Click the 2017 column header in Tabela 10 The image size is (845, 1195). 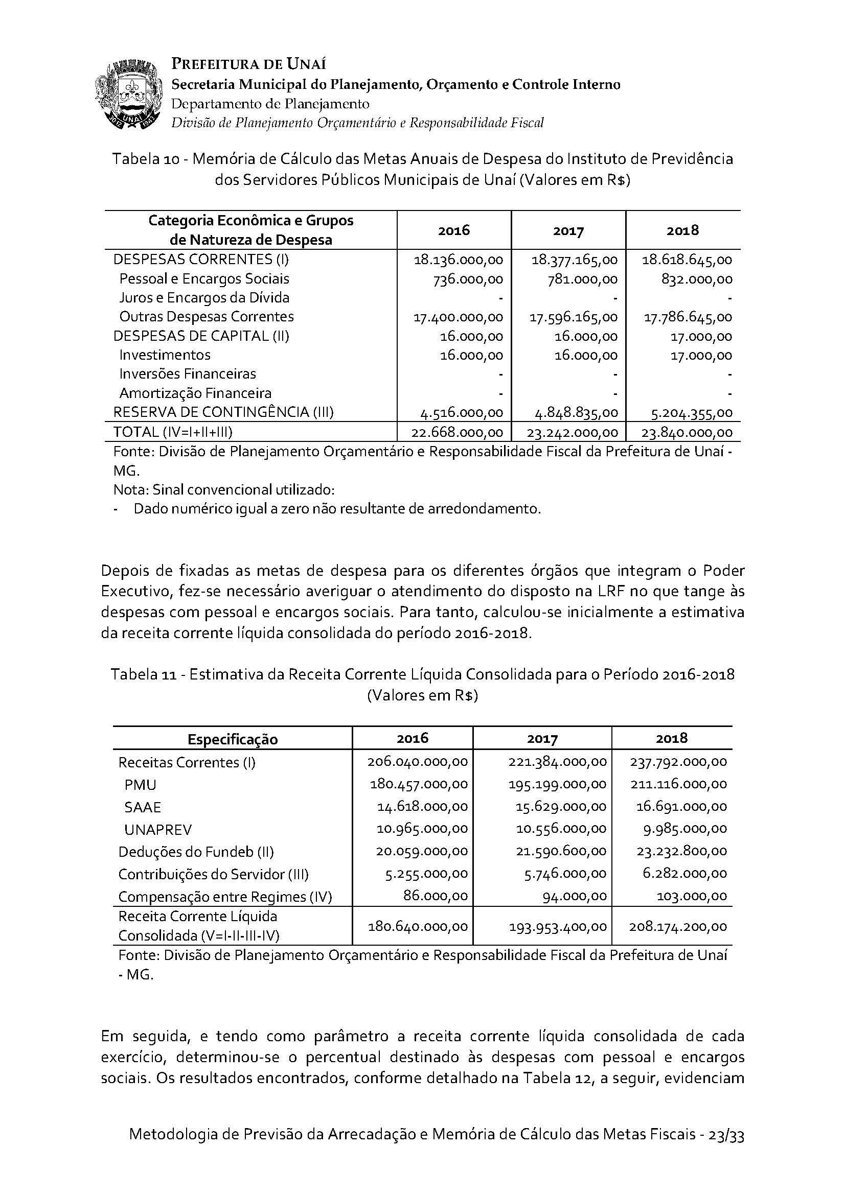click(568, 230)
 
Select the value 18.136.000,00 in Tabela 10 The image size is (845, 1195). click(458, 260)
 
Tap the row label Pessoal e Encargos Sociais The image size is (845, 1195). click(204, 279)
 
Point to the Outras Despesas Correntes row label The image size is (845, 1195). click(206, 316)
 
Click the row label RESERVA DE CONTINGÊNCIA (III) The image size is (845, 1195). click(223, 412)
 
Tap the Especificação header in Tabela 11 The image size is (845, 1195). click(233, 739)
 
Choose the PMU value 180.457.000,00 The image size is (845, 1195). click(419, 784)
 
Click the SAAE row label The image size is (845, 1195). click(143, 807)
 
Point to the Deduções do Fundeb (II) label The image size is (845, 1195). click(196, 852)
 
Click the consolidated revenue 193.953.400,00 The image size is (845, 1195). click(558, 926)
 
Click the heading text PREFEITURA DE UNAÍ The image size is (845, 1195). click(249, 64)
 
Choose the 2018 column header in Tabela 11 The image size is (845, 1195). click(672, 738)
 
